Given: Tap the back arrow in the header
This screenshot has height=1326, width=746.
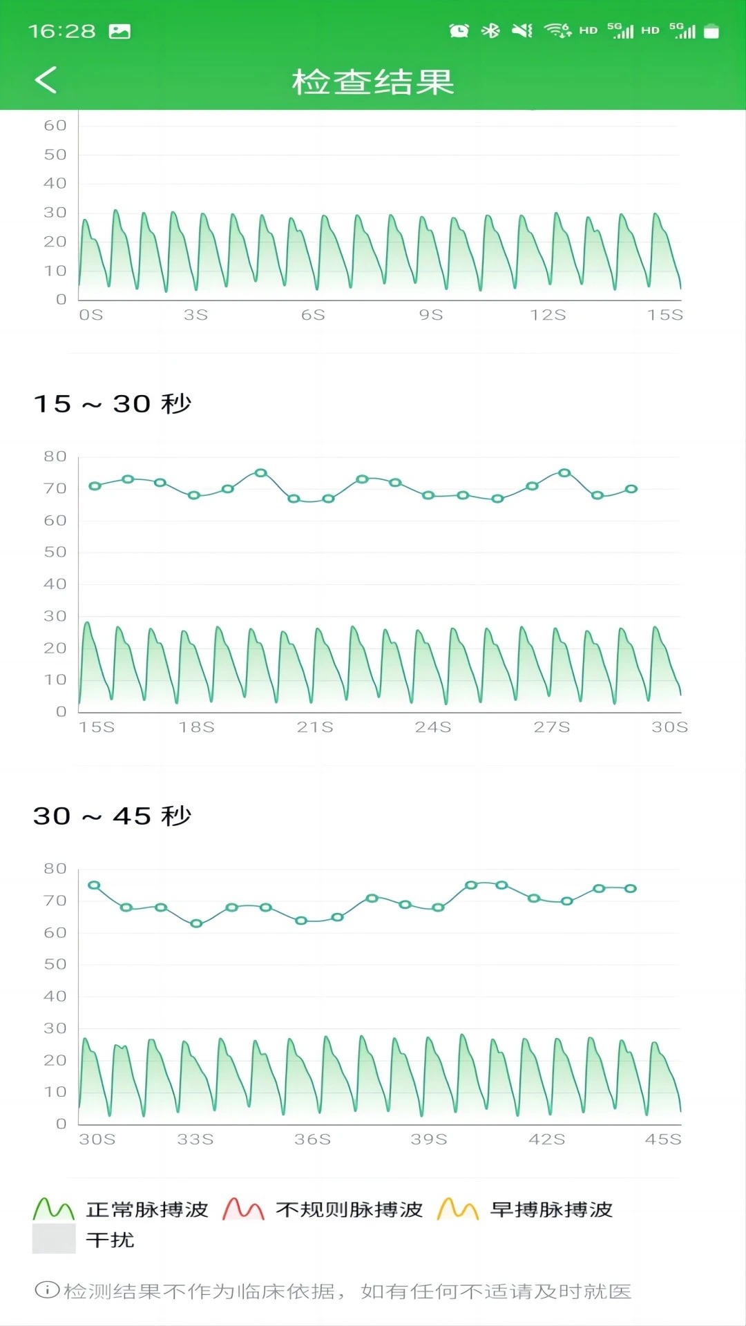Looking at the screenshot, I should coord(46,80).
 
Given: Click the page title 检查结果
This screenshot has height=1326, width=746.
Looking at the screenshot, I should coord(373,81).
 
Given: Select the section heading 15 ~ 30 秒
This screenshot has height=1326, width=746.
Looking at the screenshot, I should coord(113,403).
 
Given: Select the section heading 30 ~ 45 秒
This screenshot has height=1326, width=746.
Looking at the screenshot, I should coord(113,816).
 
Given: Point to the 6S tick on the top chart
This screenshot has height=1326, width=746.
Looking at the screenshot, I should coord(313,315).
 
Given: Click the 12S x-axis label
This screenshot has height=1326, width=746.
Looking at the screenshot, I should coord(548,315).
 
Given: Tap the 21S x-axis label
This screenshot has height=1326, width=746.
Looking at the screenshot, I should coord(315,727).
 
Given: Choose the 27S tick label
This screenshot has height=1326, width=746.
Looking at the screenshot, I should coord(552,727).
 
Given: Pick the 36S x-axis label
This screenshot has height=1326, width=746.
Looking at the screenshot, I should coord(312,1140).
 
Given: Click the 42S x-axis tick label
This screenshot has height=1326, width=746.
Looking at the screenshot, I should coord(546,1140).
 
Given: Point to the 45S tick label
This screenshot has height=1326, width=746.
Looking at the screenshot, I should coord(663,1140).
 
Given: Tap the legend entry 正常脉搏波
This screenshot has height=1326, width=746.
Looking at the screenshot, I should coord(146,1209).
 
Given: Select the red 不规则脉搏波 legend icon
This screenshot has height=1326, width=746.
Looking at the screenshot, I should coord(243,1209).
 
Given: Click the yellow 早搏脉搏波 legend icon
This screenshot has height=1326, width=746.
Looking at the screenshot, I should coord(458,1209).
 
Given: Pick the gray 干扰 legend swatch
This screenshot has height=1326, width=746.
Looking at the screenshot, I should coord(54,1239).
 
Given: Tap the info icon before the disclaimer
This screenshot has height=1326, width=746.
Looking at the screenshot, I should coord(47,1289).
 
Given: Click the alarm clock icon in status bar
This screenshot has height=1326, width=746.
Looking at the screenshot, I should coord(459,30).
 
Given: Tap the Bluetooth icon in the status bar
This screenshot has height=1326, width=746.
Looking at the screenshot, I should coord(490,30).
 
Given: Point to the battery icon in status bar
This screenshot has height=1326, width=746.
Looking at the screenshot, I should coord(711,31).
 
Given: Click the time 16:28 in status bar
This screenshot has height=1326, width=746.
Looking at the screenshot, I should coord(62,31).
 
